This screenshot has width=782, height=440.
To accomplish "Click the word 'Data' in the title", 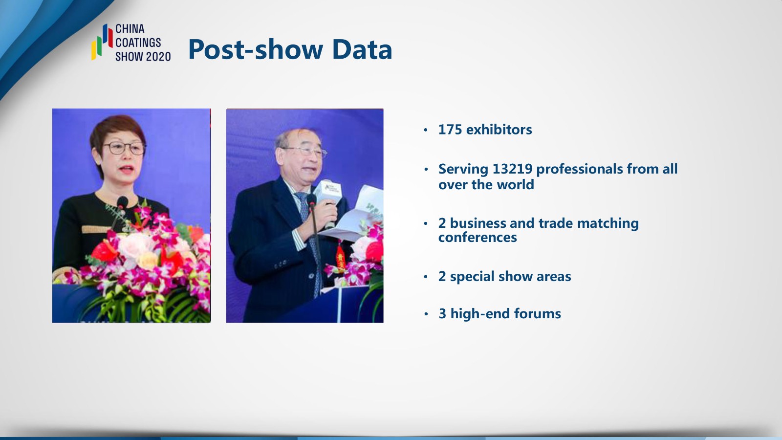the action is pyautogui.click(x=362, y=49).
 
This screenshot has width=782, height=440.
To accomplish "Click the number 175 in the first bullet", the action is pyautogui.click(x=450, y=130).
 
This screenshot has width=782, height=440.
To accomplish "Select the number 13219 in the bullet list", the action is pyautogui.click(x=512, y=169).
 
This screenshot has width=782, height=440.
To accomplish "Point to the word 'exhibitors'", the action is pyautogui.click(x=499, y=130).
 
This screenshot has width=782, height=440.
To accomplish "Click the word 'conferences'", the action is pyautogui.click(x=478, y=238).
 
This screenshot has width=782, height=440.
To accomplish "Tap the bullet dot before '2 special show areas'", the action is pyautogui.click(x=426, y=277).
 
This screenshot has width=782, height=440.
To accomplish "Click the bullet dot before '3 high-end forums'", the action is pyautogui.click(x=426, y=314).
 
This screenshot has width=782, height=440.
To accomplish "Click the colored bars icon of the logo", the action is pyautogui.click(x=102, y=42).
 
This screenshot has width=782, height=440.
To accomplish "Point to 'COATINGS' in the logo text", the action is pyautogui.click(x=138, y=43).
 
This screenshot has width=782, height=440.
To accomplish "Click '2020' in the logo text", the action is pyautogui.click(x=158, y=57).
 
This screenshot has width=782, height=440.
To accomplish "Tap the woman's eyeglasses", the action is pyautogui.click(x=125, y=148).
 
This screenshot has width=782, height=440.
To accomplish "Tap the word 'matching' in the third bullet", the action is pyautogui.click(x=608, y=223).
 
